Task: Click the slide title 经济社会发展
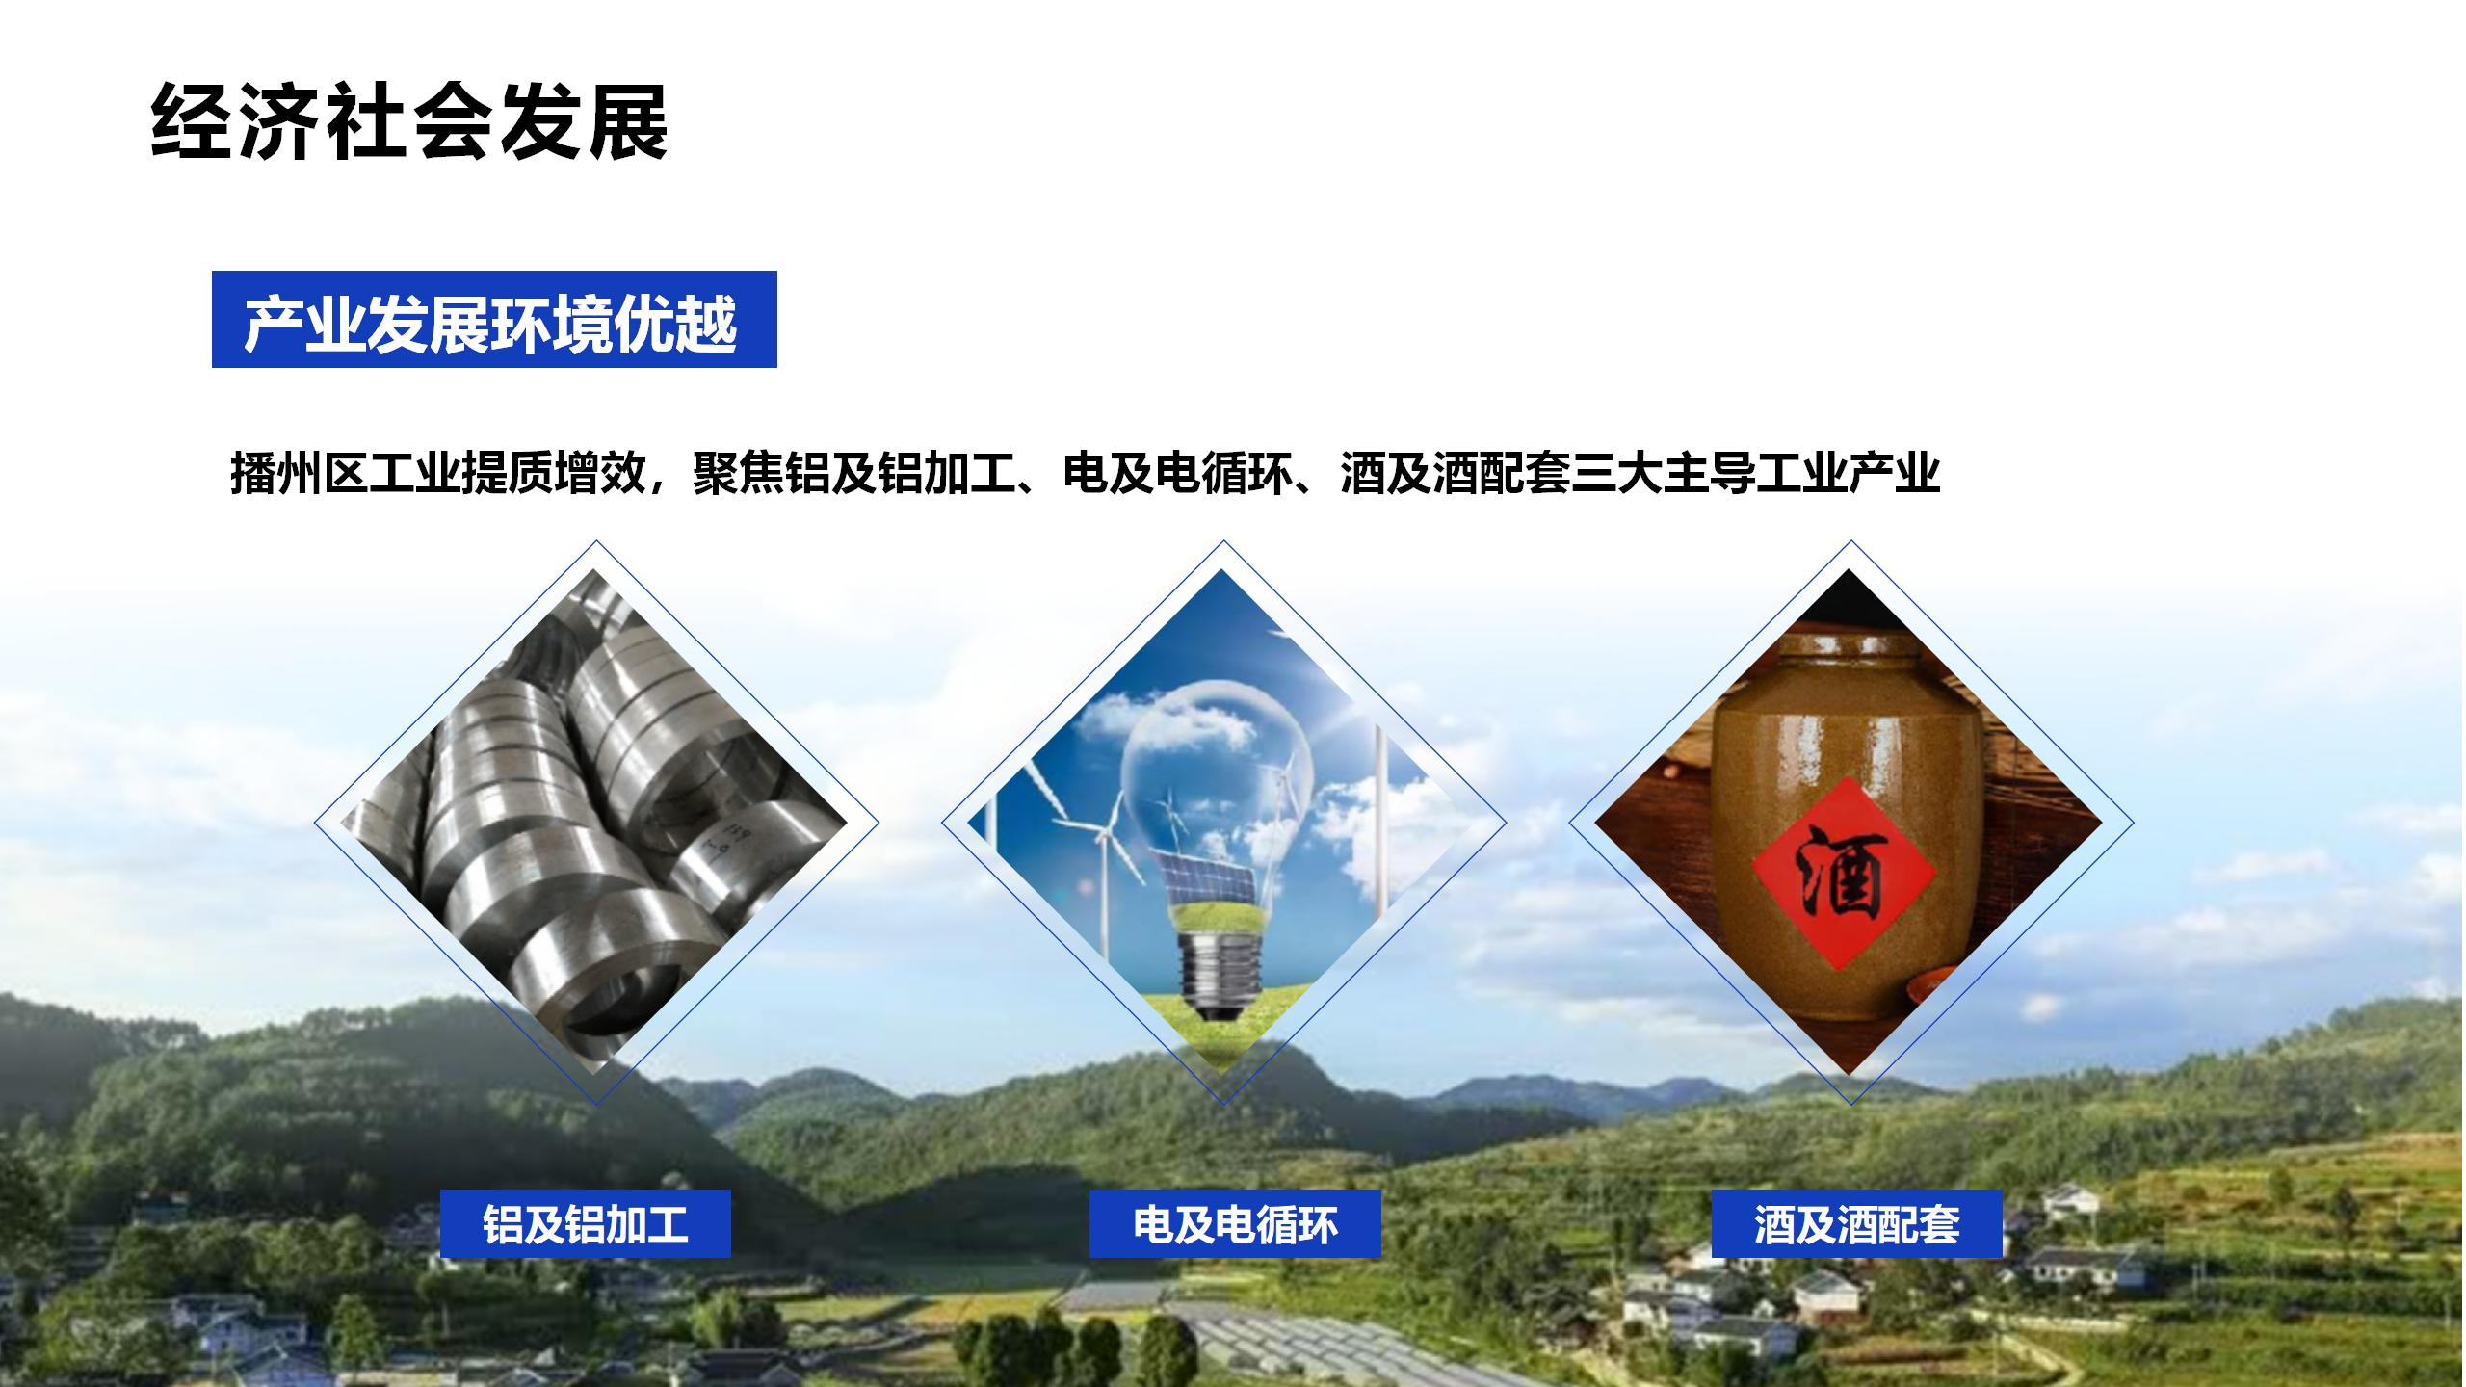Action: pyautogui.click(x=409, y=122)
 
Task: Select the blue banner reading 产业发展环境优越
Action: pyautogui.click(x=494, y=319)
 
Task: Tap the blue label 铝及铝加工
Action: pyautogui.click(x=586, y=1223)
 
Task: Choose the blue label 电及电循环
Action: pyautogui.click(x=1235, y=1223)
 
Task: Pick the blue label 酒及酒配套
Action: pyautogui.click(x=1856, y=1223)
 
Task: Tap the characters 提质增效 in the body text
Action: pyautogui.click(x=553, y=473)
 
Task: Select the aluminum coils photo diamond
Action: pyautogui.click(x=594, y=822)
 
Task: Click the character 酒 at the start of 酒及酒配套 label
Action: pyautogui.click(x=1774, y=1224)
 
